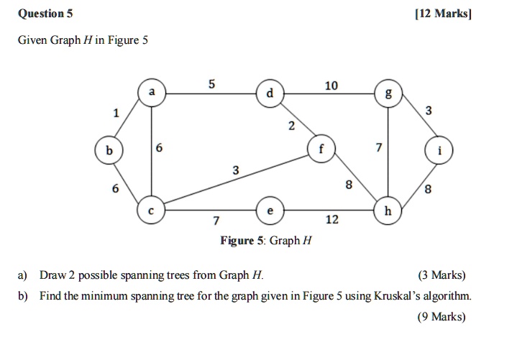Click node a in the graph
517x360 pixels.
[151, 93]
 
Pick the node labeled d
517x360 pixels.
[270, 93]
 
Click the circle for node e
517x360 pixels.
[270, 211]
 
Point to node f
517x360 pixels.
[321, 150]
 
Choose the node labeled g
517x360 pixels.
[389, 93]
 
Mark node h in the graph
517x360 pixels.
[388, 211]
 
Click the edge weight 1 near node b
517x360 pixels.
[114, 113]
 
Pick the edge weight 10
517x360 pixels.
[331, 86]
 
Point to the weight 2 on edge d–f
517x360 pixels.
[290, 127]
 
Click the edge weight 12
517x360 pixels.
[331, 220]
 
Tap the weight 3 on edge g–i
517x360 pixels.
[429, 110]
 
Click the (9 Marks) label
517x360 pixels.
[441, 316]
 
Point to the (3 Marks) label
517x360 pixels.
[441, 275]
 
